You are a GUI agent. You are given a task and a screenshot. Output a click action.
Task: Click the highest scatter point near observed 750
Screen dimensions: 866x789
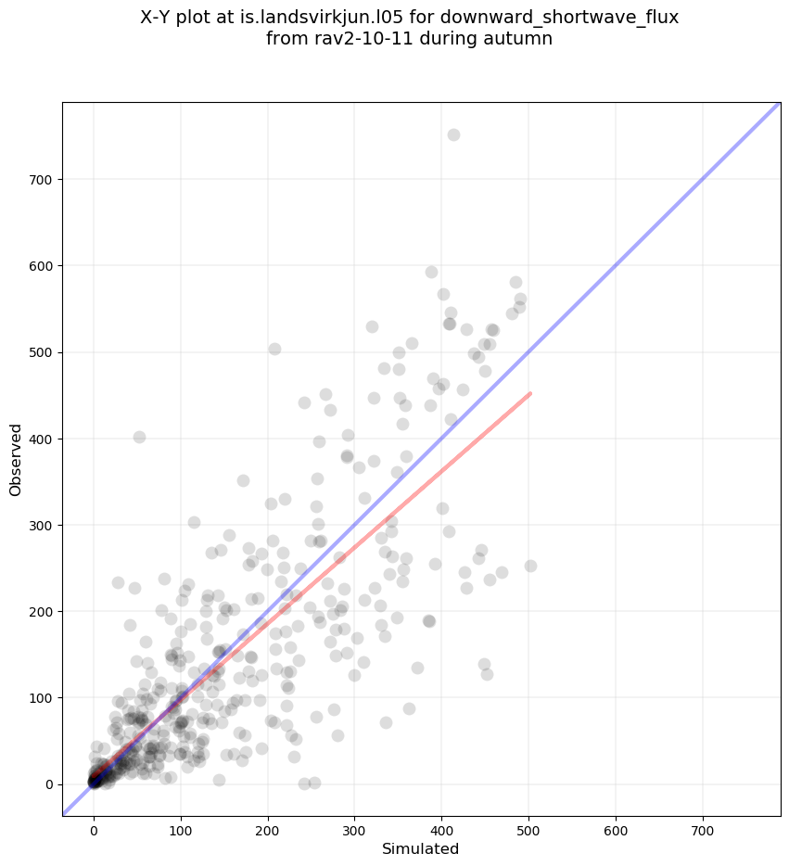tap(453, 134)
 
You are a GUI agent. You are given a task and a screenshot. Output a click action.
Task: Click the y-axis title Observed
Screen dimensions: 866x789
tap(16, 459)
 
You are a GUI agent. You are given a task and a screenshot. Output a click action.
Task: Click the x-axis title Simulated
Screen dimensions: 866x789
tap(421, 848)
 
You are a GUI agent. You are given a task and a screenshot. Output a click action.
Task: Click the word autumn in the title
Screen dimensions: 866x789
tap(522, 38)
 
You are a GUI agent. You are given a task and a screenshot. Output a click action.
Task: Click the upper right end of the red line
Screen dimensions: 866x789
tap(529, 393)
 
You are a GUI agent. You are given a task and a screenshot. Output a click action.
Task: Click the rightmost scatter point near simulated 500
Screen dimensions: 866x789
tap(530, 566)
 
